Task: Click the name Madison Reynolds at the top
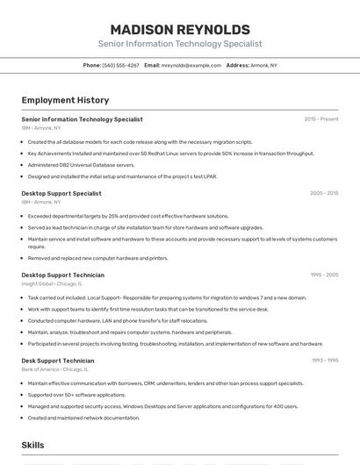[179, 29]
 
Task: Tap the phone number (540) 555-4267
[120, 65]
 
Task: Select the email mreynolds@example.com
[191, 65]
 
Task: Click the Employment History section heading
[65, 100]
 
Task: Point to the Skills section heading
[32, 446]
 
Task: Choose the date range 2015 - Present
[320, 118]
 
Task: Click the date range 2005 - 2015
[323, 193]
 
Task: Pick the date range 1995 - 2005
[323, 275]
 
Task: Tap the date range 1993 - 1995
[324, 361]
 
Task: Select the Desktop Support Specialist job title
[61, 193]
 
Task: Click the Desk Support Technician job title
[58, 361]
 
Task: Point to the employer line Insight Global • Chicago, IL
[52, 283]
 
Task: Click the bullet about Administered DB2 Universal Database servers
[81, 164]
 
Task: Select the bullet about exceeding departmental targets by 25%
[128, 216]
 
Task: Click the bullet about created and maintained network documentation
[83, 418]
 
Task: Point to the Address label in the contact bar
[237, 65]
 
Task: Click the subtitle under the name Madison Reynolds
[179, 44]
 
